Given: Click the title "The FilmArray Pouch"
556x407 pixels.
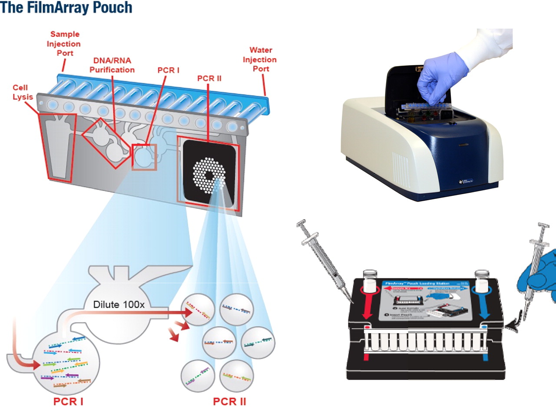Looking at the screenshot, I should [x=66, y=8].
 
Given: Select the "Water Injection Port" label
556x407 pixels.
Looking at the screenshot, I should [x=262, y=60].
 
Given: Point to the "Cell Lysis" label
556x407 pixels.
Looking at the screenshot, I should [x=23, y=92].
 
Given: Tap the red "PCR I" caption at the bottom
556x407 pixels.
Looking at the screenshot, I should [x=68, y=401].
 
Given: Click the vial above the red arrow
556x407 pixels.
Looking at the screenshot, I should [x=368, y=281].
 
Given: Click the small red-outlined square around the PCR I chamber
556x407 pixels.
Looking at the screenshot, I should [x=144, y=156].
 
